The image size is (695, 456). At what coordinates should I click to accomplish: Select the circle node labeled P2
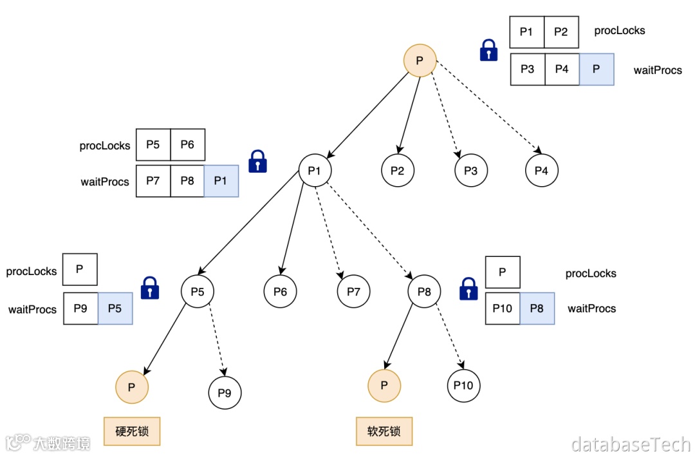[x=398, y=171]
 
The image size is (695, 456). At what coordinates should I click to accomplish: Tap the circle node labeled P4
[x=541, y=171]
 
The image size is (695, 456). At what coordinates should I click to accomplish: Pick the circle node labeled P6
[x=280, y=292]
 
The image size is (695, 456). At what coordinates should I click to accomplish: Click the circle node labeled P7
[x=353, y=292]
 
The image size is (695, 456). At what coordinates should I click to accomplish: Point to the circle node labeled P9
[x=225, y=393]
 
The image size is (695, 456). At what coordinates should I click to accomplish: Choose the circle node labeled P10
[x=463, y=386]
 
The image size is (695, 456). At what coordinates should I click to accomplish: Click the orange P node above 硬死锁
[x=131, y=387]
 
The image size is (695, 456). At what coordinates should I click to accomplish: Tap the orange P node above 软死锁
[x=384, y=386]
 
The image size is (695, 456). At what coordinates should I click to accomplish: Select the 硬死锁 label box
[x=132, y=431]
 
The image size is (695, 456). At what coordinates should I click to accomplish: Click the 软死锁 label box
[x=384, y=431]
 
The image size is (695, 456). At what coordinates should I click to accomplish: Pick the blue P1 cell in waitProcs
[x=221, y=181]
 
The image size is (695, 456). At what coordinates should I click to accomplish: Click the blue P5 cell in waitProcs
[x=115, y=309]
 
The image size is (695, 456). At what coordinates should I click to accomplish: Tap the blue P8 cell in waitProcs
[x=537, y=308]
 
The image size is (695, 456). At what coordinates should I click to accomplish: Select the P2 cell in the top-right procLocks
[x=561, y=32]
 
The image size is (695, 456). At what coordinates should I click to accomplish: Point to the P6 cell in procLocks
[x=187, y=144]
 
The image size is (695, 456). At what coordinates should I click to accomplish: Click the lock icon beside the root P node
[x=489, y=50]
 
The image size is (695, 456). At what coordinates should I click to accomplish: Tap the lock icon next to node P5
[x=150, y=288]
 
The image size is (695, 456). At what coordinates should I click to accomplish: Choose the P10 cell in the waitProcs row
[x=502, y=308]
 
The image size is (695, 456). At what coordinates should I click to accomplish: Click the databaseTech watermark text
[x=630, y=443]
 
